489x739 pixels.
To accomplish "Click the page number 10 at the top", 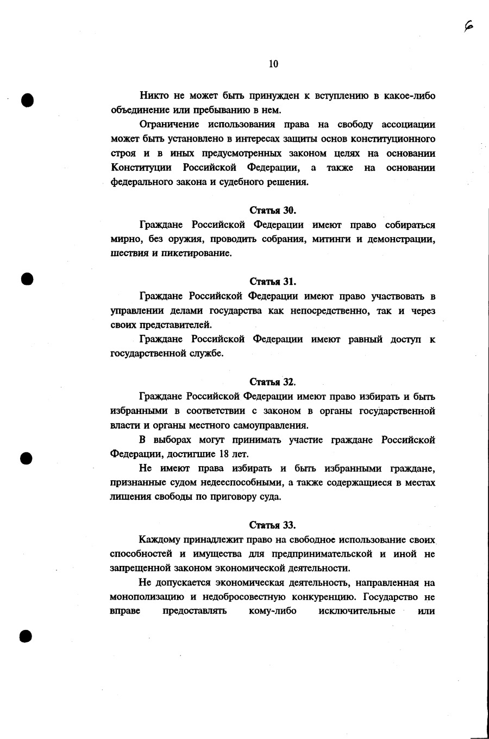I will click(x=273, y=64).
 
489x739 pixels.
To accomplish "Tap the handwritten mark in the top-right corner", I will click(x=469, y=26).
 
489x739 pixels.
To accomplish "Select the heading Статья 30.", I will click(x=273, y=210).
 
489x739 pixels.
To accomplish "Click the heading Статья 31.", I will click(x=273, y=282).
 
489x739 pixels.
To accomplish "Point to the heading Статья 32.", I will click(x=273, y=382).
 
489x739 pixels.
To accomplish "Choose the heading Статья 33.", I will click(x=273, y=525).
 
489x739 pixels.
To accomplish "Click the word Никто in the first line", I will click(x=154, y=96).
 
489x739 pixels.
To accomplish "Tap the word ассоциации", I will click(x=409, y=125).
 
